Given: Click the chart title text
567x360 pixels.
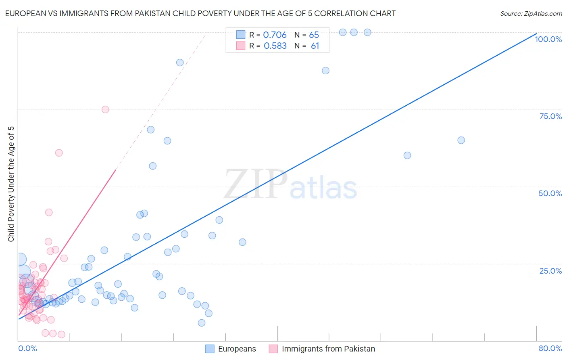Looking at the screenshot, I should pos(200,13).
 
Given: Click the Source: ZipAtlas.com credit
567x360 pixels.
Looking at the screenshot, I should pos(531,13).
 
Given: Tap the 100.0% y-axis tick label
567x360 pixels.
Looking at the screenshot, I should pos(548,39).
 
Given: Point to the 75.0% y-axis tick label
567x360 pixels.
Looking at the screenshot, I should pos(550,116).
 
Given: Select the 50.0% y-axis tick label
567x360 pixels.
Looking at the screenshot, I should pos(550,193).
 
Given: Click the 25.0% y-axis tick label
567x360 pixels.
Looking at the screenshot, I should pos(550,271).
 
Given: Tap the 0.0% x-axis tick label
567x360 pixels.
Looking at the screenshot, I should pos(27,348).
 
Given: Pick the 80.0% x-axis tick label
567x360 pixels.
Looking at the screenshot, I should pos(550,348).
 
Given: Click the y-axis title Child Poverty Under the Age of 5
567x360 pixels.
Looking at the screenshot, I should pos(11,184).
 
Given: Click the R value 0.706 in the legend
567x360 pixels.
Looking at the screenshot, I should pos(275,35).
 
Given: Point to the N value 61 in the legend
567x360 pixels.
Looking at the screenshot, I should pos(315,46).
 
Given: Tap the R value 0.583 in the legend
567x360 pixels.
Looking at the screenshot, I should pos(275,46).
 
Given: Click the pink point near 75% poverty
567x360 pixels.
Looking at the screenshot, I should pos(105,109).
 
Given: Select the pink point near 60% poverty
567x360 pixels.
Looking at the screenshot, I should pos(59,153).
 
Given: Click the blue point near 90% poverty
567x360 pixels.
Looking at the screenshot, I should pos(180,63).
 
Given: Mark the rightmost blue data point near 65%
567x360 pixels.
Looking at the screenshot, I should pos(461,140).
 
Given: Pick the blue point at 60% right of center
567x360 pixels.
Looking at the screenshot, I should pos(407,155).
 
